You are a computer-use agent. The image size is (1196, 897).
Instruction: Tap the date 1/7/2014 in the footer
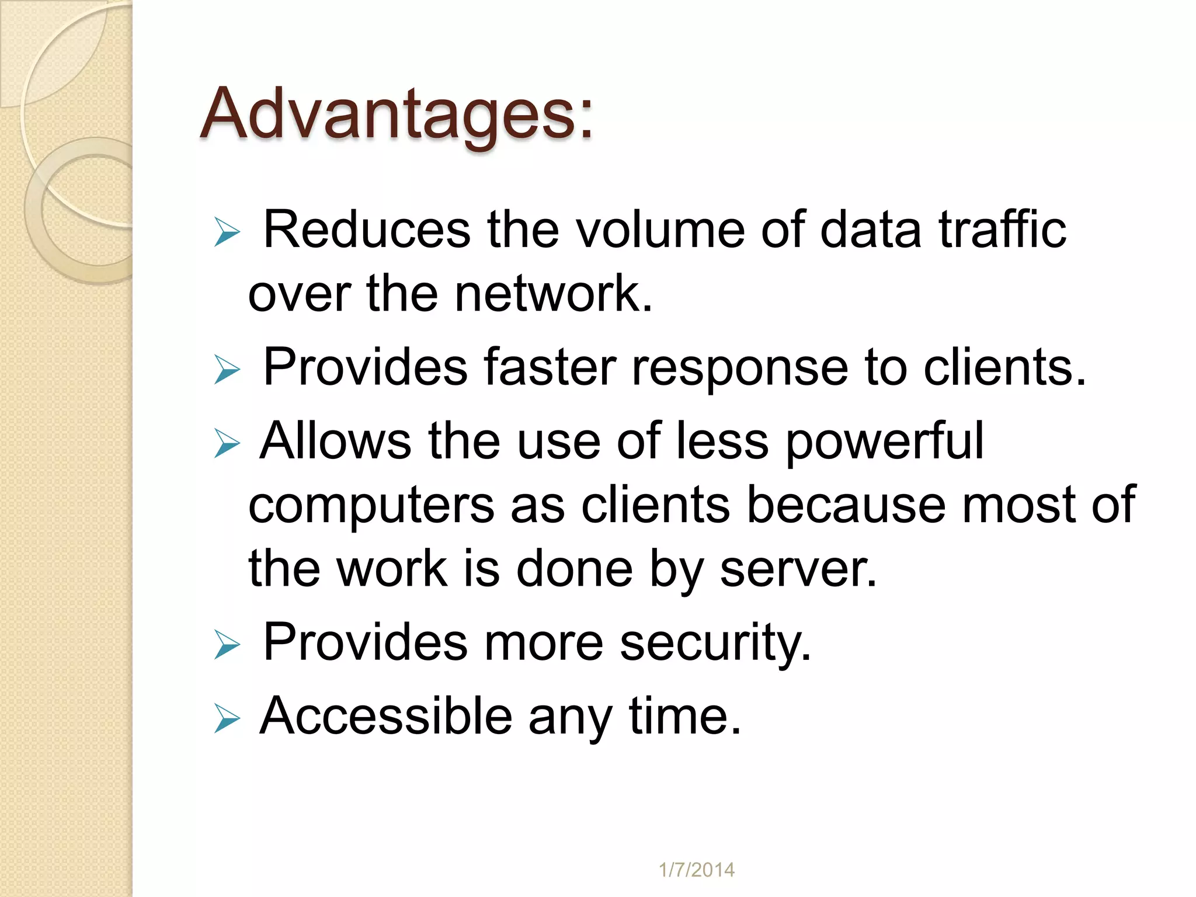coord(696,870)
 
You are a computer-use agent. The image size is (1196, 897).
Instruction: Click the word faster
coord(550,367)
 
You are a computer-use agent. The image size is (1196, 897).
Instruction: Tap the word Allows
coord(336,441)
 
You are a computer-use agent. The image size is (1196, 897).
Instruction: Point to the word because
coord(846,505)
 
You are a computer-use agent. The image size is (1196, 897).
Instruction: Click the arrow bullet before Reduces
coord(227,232)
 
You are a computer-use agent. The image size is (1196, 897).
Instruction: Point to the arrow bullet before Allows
coord(227,443)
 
